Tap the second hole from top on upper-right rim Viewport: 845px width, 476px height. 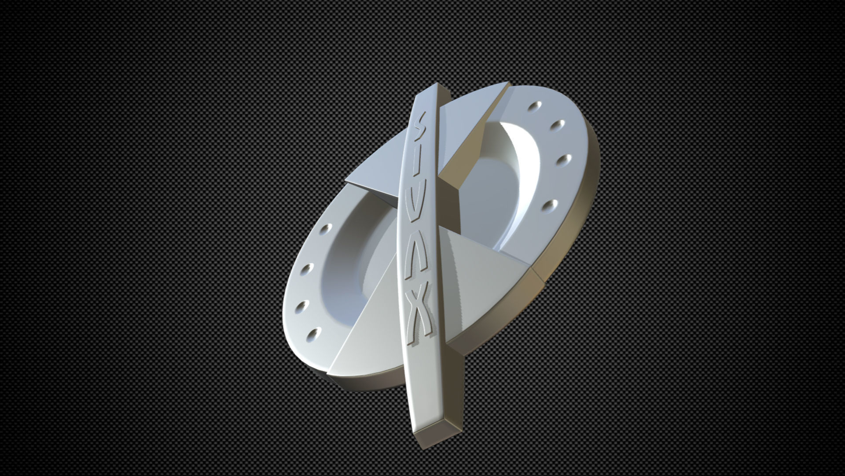click(x=559, y=125)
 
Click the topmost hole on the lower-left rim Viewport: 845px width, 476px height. click(x=325, y=229)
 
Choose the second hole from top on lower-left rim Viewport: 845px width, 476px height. click(x=309, y=268)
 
